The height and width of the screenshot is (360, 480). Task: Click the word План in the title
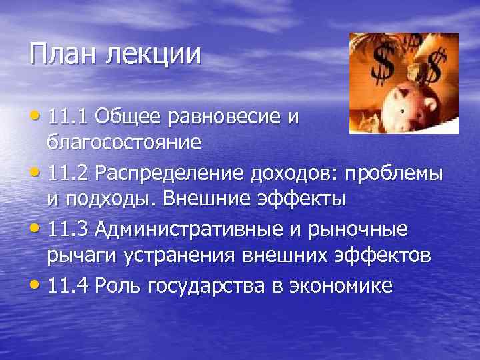[x=61, y=54]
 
